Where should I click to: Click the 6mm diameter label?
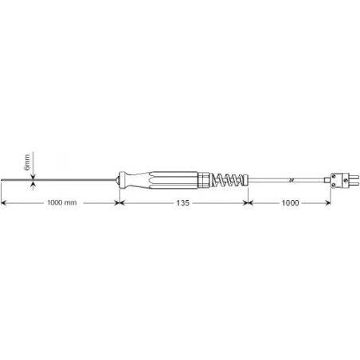pos(26,162)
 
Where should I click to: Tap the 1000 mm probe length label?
pos(62,203)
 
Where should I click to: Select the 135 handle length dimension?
pos(183,203)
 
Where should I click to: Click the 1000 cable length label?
pos(290,203)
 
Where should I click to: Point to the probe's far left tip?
pos(3,180)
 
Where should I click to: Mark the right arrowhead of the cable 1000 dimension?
pos(329,203)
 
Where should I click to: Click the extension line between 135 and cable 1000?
pos(249,195)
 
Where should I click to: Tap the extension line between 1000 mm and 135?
pos(118,195)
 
